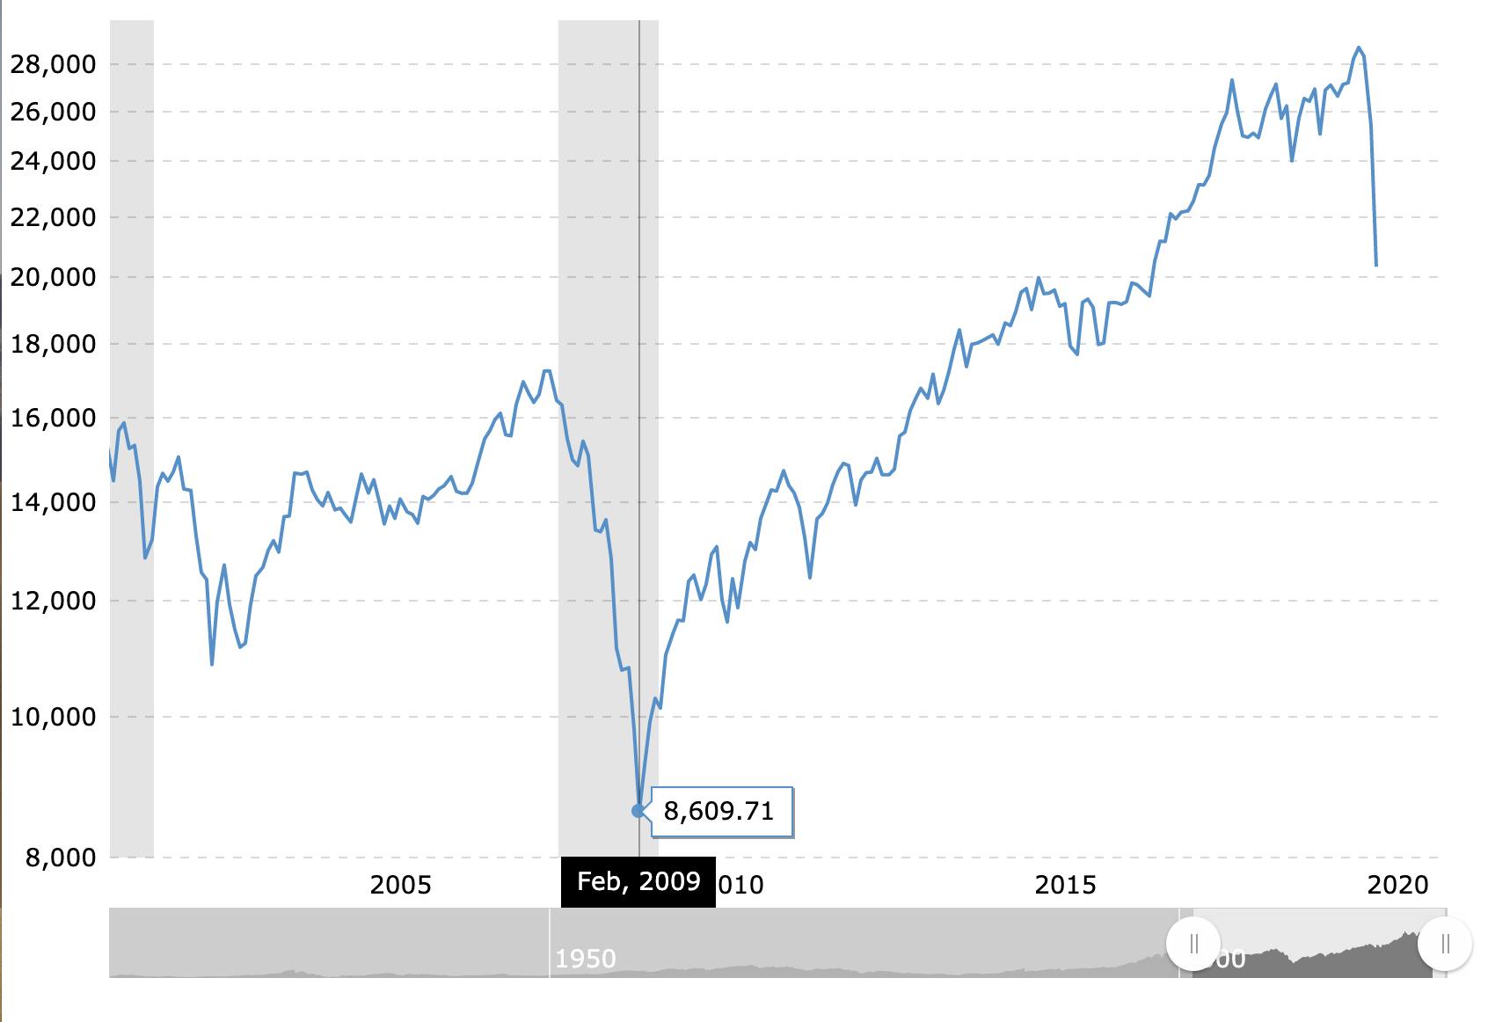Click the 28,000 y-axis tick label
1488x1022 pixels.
53,64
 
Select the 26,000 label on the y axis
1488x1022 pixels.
53,112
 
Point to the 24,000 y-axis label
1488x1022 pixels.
53,161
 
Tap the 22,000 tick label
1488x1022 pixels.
53,217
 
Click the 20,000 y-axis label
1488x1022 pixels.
53,277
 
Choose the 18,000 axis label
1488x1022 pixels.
53,344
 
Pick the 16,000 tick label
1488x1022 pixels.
53,418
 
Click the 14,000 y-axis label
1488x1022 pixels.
53,502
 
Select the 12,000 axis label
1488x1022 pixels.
53,601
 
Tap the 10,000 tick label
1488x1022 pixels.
53,717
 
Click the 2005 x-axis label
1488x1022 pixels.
400,885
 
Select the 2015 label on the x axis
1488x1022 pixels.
1065,885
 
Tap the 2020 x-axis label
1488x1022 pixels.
1397,885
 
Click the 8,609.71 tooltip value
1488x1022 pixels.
718,811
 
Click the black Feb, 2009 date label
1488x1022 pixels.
638,881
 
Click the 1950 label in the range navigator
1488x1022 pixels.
586,959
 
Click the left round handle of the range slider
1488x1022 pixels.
1193,944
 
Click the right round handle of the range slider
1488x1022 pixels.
1445,944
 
